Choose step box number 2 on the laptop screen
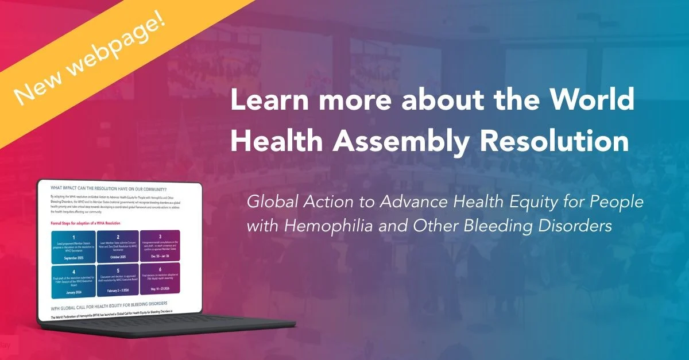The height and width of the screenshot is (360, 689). [118, 247]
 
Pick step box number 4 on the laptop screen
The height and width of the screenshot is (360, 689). [72, 281]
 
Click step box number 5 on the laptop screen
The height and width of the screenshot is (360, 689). [118, 280]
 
